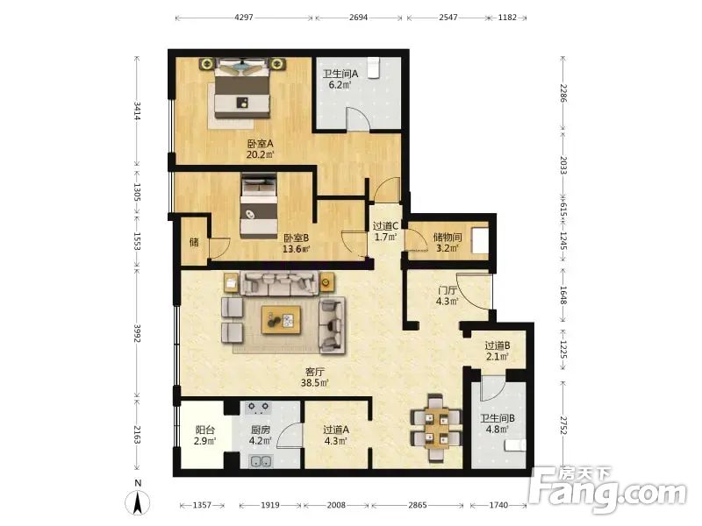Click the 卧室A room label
click(260, 144)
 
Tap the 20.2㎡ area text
click(260, 155)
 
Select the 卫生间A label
click(340, 74)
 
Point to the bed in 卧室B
click(259, 205)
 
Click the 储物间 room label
click(448, 237)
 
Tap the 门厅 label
click(448, 291)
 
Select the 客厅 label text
click(315, 372)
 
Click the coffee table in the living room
click(281, 320)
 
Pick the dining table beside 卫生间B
click(435, 429)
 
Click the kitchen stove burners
click(259, 407)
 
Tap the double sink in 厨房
click(260, 461)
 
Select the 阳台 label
click(204, 430)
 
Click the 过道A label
click(336, 430)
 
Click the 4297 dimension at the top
click(244, 18)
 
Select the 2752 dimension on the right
click(563, 427)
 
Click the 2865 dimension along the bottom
click(418, 505)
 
